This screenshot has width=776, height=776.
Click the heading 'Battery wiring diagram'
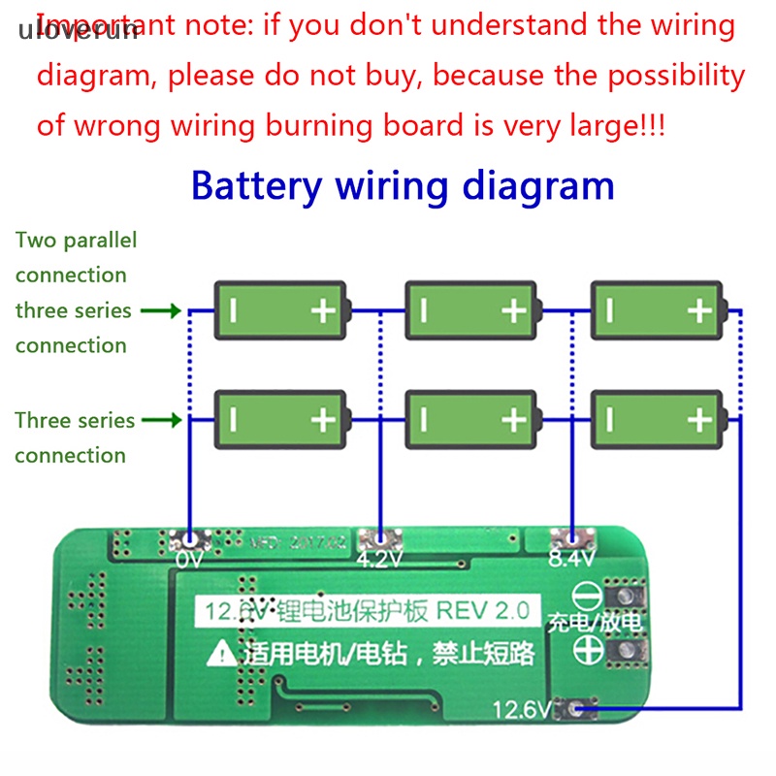(x=403, y=184)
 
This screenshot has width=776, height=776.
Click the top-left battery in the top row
(x=279, y=310)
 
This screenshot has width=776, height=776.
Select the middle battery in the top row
(x=470, y=310)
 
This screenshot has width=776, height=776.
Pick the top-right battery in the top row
(x=657, y=310)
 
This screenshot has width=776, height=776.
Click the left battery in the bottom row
(x=279, y=419)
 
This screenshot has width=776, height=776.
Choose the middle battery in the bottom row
(x=470, y=419)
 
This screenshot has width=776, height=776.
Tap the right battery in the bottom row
(x=657, y=419)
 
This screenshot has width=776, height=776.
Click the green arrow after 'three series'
(x=160, y=311)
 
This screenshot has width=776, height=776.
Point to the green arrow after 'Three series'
(x=160, y=421)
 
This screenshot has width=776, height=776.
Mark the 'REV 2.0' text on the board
(x=482, y=611)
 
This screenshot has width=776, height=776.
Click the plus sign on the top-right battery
(x=699, y=310)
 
